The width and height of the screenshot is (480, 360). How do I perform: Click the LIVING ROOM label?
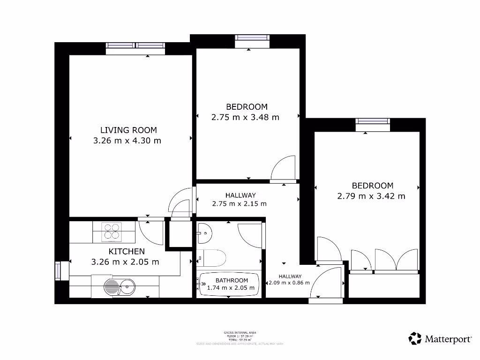pos(128,130)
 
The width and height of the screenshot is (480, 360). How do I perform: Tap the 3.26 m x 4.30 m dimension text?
pos(127,140)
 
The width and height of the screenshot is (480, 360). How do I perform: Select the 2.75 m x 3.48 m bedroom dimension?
pos(245,117)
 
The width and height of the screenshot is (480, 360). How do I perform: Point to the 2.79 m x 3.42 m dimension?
pos(371,196)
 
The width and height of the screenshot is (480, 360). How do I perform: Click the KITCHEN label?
pos(127,251)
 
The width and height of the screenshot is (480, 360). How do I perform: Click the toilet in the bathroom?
pos(211,258)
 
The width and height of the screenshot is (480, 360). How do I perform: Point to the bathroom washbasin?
pos(204,232)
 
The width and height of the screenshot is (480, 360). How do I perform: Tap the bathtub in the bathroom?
pos(229,285)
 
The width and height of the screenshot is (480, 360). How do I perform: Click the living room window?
pos(135,45)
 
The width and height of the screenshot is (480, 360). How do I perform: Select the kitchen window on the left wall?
pos(58,270)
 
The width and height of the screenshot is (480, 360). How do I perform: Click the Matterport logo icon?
pos(415,338)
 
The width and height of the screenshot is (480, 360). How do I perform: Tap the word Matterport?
pos(449,338)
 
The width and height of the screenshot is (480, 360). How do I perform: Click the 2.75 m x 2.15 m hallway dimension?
pos(239,204)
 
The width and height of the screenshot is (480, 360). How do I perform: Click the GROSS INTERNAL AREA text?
pos(240,332)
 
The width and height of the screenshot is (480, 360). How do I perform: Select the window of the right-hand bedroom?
pos(373,121)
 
